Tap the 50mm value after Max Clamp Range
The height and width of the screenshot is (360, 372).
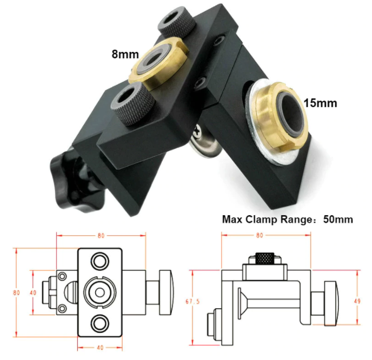(338, 219)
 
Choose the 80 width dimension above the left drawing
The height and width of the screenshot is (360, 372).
(101, 235)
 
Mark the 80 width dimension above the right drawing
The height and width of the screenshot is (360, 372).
(260, 235)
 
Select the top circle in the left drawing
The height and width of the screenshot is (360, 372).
(99, 262)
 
